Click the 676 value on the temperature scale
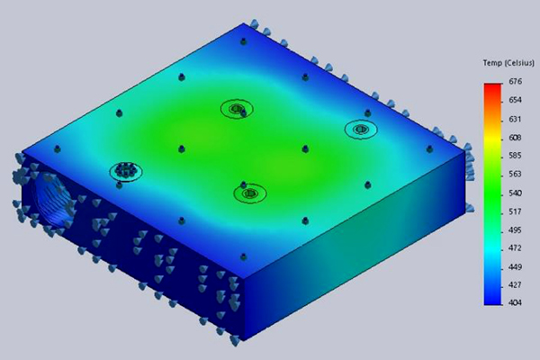click(x=515, y=82)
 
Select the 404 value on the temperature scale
click(x=515, y=302)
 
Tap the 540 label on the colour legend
click(x=515, y=193)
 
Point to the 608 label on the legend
click(x=515, y=138)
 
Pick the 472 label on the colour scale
click(x=515, y=248)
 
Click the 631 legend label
click(x=515, y=120)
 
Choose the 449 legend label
click(x=515, y=267)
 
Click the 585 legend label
click(x=515, y=156)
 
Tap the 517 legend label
click(x=515, y=211)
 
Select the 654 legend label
click(x=515, y=100)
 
